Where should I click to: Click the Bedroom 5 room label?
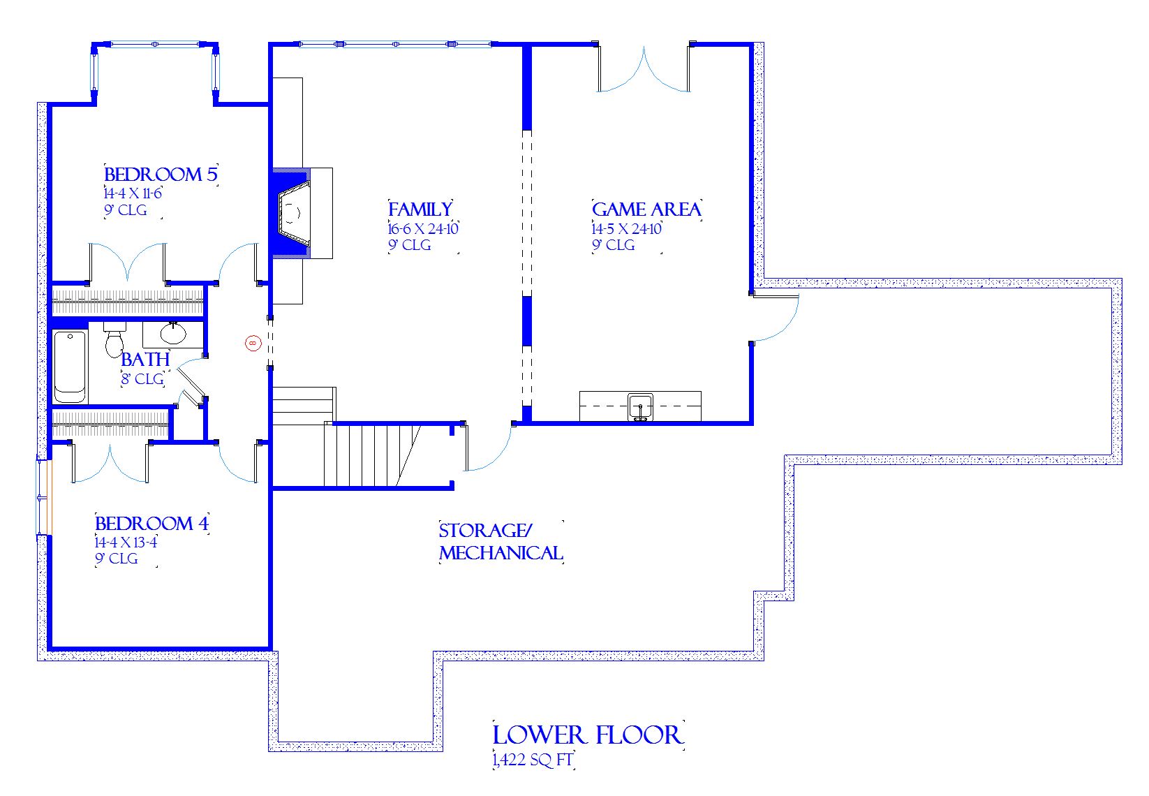point(161,174)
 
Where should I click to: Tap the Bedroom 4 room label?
point(151,523)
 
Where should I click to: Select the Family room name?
point(420,209)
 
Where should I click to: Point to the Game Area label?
point(646,209)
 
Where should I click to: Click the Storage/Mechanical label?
point(501,542)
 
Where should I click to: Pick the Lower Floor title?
point(587,735)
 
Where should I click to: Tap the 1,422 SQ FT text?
point(533,760)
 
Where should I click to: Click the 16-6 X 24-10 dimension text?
point(423,228)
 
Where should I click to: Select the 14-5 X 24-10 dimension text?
point(626,228)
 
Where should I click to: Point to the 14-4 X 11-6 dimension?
point(133,193)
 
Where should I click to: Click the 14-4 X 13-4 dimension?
point(126,542)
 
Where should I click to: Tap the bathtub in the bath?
point(70,366)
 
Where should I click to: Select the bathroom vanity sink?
point(172,333)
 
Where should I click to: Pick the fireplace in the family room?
point(294,213)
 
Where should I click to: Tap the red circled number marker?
point(253,343)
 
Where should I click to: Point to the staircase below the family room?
point(370,455)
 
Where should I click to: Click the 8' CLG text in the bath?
point(142,379)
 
